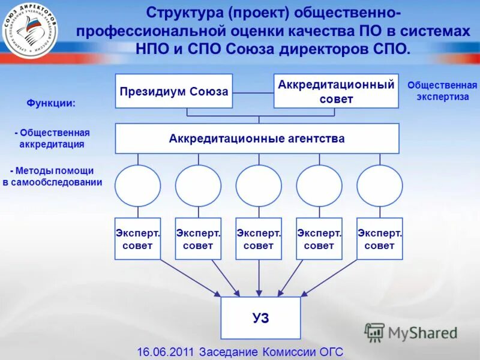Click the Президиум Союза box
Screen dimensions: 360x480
click(173, 91)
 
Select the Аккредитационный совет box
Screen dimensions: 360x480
click(336, 91)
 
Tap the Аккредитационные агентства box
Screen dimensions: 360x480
click(257, 139)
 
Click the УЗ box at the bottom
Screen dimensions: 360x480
click(260, 317)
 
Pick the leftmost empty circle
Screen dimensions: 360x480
click(138, 185)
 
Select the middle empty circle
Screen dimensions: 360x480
click(259, 185)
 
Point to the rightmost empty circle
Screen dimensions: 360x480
click(380, 185)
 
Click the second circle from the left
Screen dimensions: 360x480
click(198, 185)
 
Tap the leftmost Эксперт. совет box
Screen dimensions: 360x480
click(138, 239)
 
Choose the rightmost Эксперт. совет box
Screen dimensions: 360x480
click(379, 239)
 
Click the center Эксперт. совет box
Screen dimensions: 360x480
click(259, 239)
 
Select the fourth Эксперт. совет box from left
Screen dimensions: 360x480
click(319, 239)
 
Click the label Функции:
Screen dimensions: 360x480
click(51, 103)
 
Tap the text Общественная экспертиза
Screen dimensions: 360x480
click(442, 91)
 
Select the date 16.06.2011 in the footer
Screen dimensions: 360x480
click(166, 352)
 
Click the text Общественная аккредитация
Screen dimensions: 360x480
click(52, 139)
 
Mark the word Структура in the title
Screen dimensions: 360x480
click(184, 13)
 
